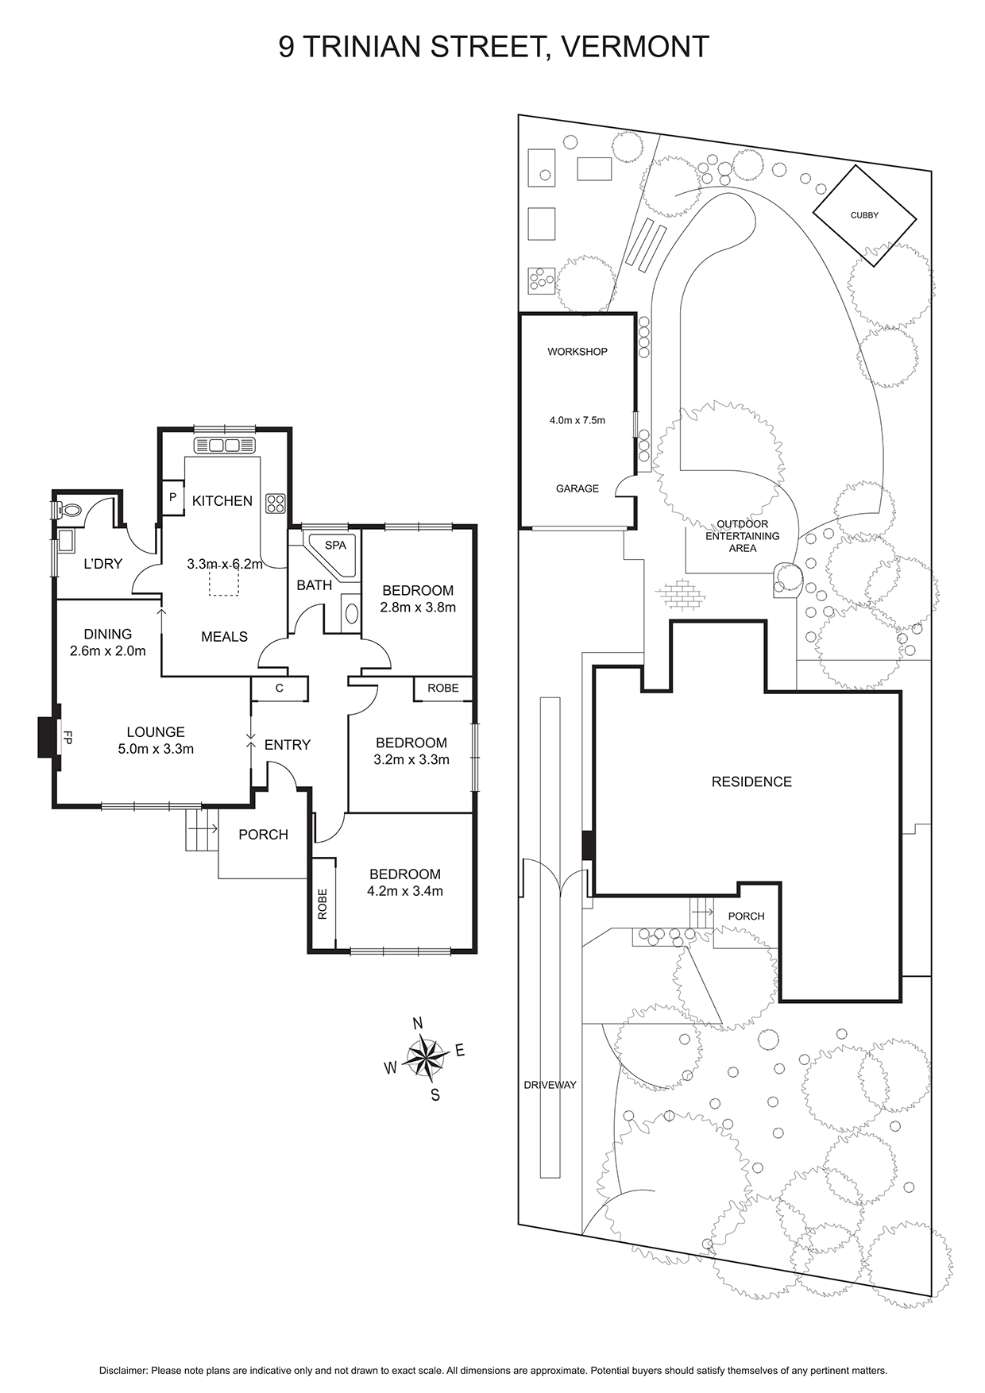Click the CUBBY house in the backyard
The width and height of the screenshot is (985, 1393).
click(x=864, y=215)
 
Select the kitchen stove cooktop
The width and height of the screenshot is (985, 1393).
click(x=276, y=503)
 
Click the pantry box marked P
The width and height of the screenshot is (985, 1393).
click(x=172, y=497)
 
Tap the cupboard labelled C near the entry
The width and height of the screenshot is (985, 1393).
click(x=280, y=689)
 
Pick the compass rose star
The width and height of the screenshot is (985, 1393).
click(x=427, y=1057)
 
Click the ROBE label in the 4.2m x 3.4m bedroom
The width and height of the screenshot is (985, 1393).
click(x=323, y=904)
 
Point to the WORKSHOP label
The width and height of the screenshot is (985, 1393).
click(x=577, y=352)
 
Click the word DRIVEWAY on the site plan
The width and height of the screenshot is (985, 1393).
click(x=550, y=1085)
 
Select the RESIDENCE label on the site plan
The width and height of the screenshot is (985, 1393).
click(x=751, y=781)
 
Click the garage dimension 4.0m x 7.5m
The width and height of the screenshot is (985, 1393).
click(x=577, y=420)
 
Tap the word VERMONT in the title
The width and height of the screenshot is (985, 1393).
click(x=635, y=48)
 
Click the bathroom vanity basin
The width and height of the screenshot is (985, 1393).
click(x=350, y=613)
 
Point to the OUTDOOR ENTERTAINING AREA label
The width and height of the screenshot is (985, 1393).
click(x=743, y=536)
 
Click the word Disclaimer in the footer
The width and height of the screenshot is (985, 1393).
click(x=123, y=1371)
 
